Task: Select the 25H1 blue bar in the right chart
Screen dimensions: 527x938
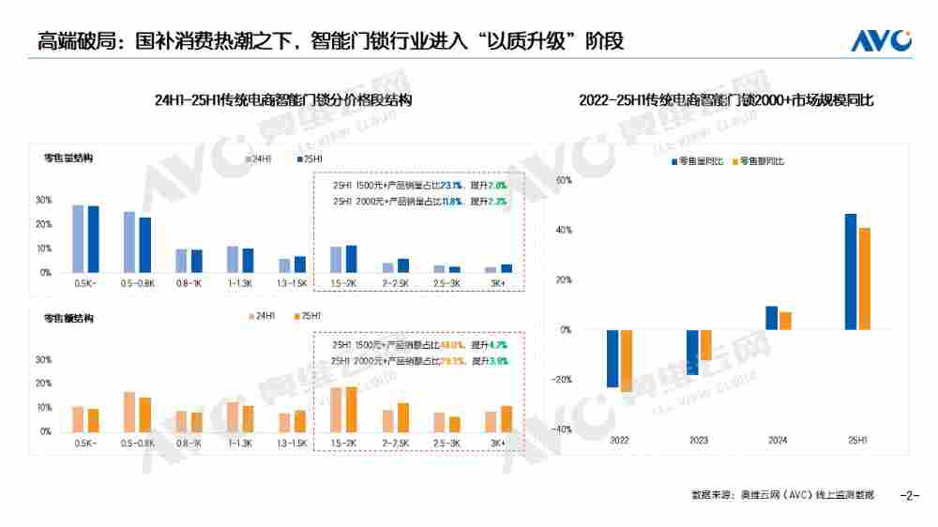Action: [851, 272]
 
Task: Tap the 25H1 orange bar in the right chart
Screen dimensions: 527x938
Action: [864, 279]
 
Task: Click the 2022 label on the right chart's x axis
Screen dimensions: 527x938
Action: [620, 440]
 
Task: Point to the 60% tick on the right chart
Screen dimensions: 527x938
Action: [564, 179]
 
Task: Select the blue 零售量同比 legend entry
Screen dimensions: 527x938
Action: [697, 162]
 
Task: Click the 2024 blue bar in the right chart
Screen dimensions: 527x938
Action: [771, 318]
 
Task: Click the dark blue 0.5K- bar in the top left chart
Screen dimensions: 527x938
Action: [93, 239]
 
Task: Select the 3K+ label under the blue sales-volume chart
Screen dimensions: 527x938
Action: [498, 282]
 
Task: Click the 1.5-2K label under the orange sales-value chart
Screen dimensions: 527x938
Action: [342, 442]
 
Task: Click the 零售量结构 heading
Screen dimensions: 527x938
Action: [68, 158]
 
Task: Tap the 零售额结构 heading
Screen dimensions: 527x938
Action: [68, 319]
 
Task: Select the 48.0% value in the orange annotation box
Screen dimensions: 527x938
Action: [453, 345]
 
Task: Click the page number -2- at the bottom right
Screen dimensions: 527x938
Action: [909, 494]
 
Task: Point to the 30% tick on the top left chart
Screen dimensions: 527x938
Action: [43, 200]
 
